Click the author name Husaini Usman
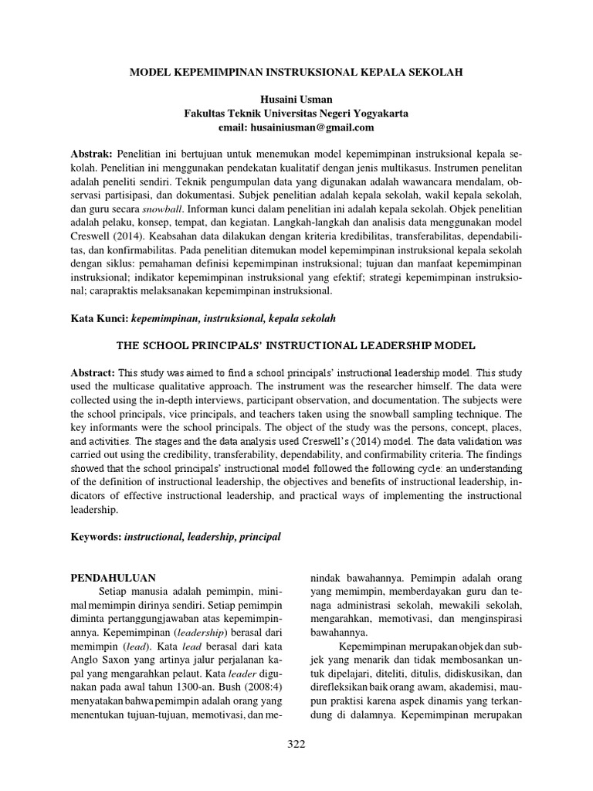click(296, 100)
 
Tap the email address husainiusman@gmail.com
click(296, 127)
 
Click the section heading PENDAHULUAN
click(114, 577)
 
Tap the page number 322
click(296, 744)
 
